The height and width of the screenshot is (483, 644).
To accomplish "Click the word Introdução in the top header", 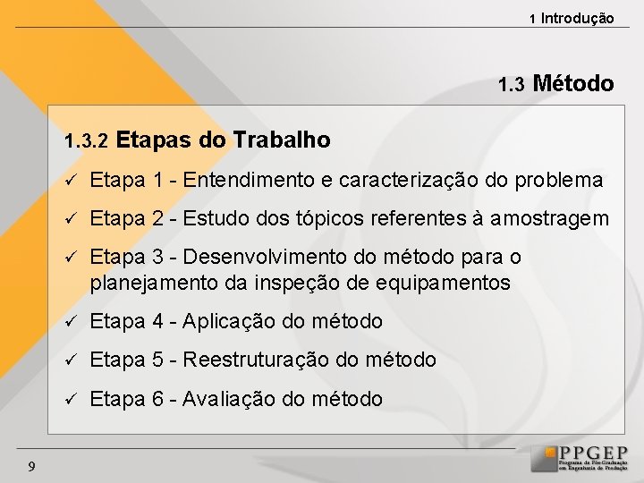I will pos(577,18).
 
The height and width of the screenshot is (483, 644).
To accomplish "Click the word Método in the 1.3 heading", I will pos(572,84).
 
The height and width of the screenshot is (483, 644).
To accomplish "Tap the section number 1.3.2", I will pos(86,141).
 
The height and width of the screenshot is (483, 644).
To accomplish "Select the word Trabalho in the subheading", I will pos(281,140).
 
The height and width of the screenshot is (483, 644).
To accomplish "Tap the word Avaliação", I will pos(229,399).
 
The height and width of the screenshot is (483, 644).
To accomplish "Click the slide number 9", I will pos(31,465).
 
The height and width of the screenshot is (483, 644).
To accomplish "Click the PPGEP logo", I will pos(580,458).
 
